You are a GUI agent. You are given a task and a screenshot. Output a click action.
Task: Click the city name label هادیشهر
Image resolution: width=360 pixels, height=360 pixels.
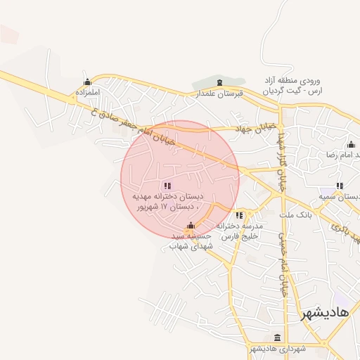(x=324, y=314)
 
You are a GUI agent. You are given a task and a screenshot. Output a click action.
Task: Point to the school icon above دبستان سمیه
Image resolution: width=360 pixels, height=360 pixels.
(x=340, y=186)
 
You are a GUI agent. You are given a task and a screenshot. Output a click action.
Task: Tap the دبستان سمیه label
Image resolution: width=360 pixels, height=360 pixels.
(x=340, y=197)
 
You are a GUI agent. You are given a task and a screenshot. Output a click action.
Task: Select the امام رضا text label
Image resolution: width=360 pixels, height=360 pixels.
(x=338, y=155)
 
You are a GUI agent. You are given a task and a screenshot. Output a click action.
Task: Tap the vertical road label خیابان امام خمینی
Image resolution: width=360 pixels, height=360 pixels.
(x=284, y=267)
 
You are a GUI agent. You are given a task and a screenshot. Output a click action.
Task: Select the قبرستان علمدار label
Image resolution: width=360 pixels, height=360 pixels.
(x=219, y=93)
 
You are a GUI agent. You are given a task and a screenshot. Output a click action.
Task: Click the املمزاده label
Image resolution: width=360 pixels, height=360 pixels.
(x=88, y=92)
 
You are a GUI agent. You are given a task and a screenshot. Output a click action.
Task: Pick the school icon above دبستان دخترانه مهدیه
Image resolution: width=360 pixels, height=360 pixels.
(x=167, y=185)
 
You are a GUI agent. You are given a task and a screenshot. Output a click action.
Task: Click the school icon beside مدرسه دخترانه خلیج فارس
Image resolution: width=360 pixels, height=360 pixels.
(x=240, y=214)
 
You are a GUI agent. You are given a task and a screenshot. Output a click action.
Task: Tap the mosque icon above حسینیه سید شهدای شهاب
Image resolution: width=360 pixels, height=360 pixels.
(x=191, y=226)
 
